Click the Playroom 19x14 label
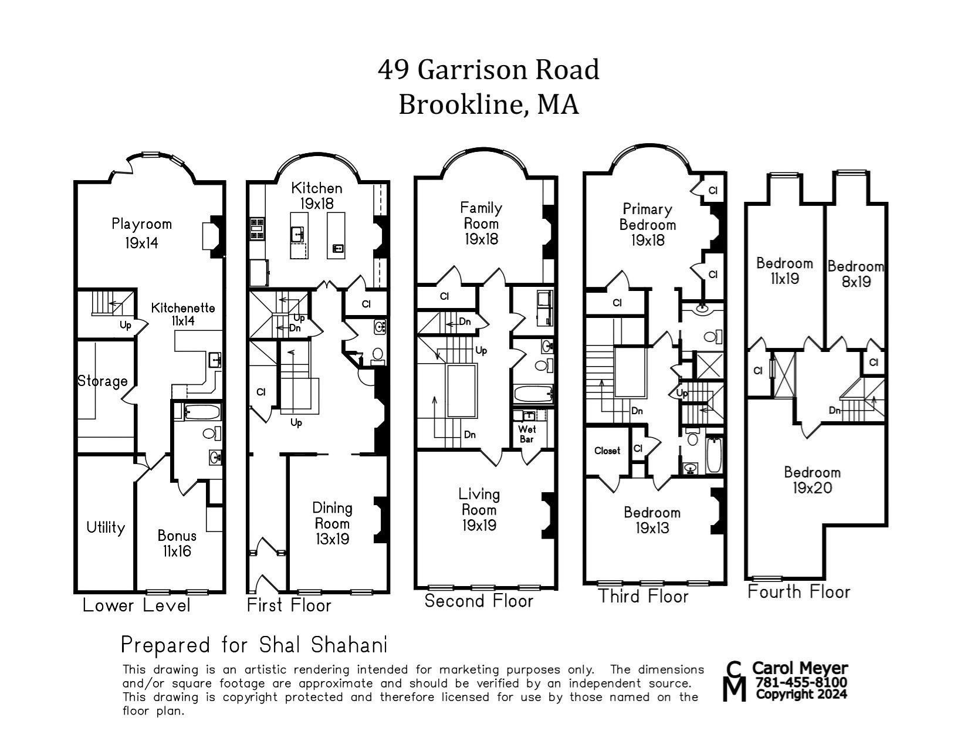[x=141, y=233]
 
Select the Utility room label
[x=106, y=527]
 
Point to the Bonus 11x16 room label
[x=177, y=543]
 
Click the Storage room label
[x=103, y=381]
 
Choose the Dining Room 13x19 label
[x=332, y=523]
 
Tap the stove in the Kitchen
[x=258, y=229]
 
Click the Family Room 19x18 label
[x=481, y=223]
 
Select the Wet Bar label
[x=527, y=434]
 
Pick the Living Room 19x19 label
[x=479, y=509]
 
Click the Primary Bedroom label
[x=648, y=216]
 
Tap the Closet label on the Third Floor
[x=607, y=451]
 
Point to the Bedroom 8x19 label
[x=856, y=273]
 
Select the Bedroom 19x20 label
[x=812, y=480]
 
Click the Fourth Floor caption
[x=798, y=591]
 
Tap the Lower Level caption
[x=136, y=605]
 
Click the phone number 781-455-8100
[x=800, y=682]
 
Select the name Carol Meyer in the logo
[x=800, y=668]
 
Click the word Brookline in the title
[x=462, y=104]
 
